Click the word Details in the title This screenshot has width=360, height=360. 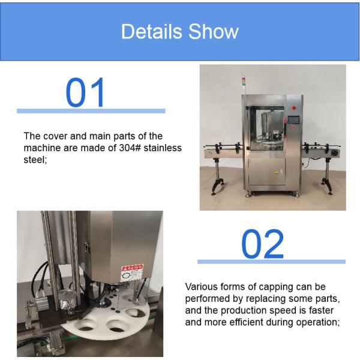tap(151, 31)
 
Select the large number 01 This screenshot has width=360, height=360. tap(85, 92)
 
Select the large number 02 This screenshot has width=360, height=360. tap(262, 244)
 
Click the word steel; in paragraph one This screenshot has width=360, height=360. tap(35, 160)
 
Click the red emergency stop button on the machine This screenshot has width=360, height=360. tap(293, 107)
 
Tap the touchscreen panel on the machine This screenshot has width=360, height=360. tap(293, 120)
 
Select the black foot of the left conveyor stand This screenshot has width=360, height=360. tap(217, 186)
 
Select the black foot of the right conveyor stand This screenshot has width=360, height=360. tap(327, 185)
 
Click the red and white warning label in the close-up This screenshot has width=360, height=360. tap(132, 273)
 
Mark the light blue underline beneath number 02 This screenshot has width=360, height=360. tap(271, 262)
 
